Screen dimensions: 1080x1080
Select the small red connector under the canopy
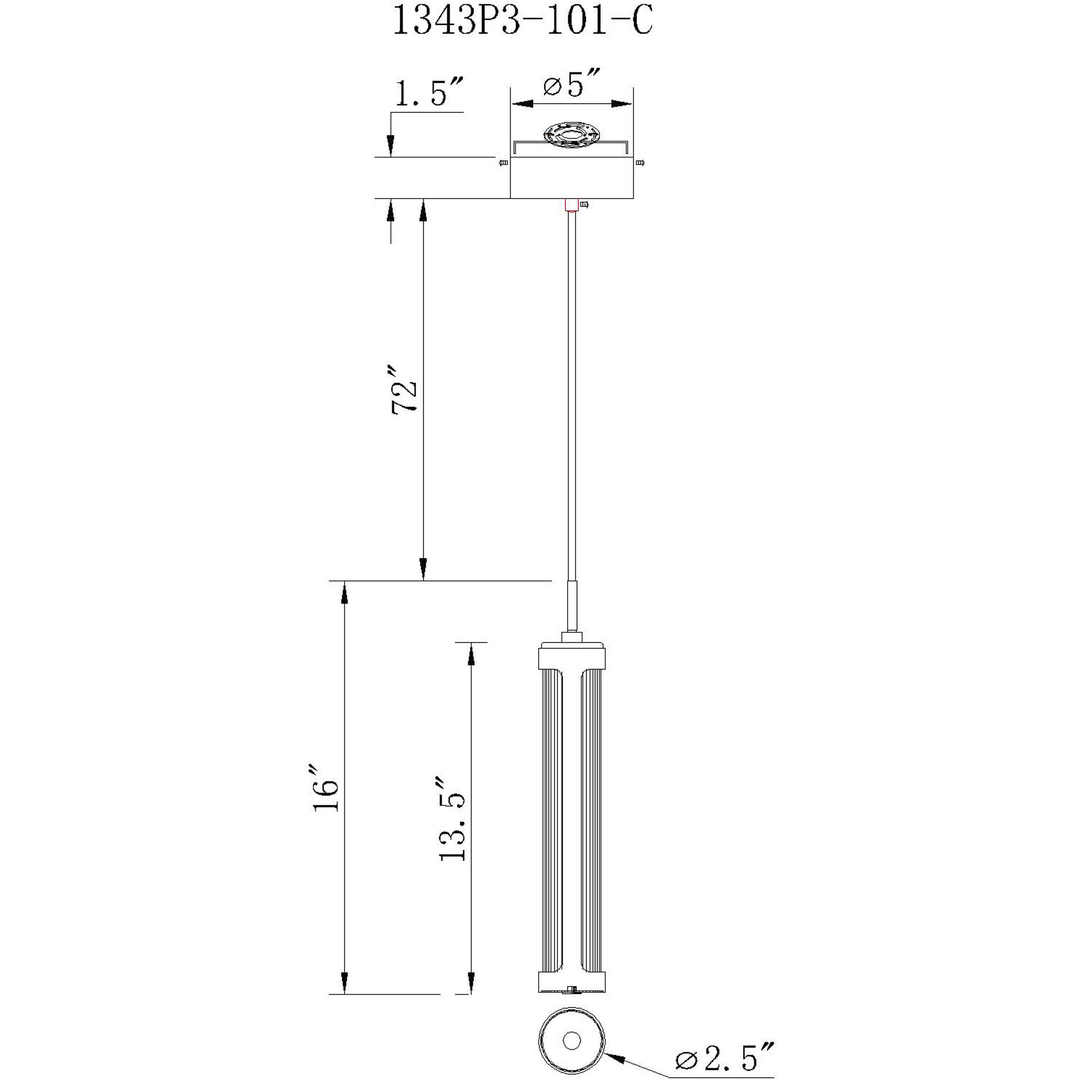(x=571, y=205)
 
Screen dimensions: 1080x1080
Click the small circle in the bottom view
(x=572, y=1024)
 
